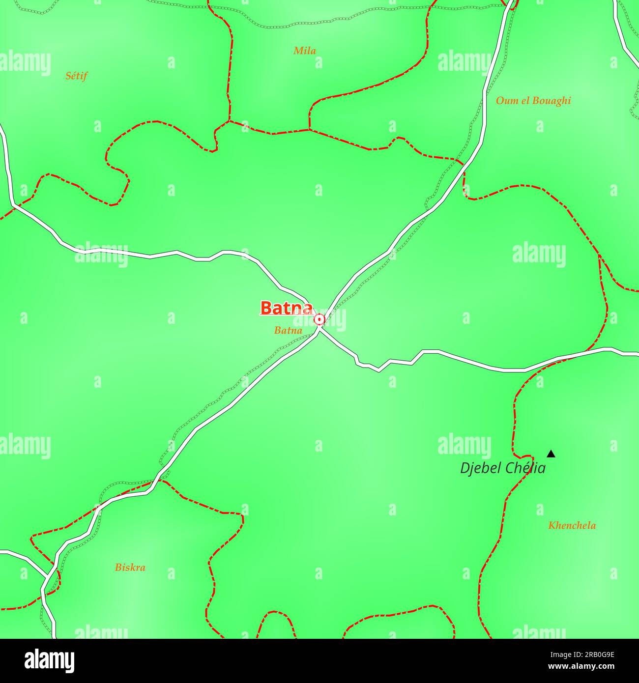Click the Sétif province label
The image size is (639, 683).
(x=76, y=76)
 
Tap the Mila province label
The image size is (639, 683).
(x=304, y=51)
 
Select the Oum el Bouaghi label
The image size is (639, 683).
(x=533, y=101)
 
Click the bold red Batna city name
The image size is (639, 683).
(x=286, y=308)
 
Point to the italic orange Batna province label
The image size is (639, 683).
(x=288, y=331)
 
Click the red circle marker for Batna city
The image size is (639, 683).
(x=319, y=320)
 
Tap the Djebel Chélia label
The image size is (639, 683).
(x=502, y=468)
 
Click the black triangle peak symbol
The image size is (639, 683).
(x=551, y=454)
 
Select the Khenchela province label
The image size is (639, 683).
(x=572, y=526)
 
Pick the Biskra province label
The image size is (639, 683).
(x=130, y=568)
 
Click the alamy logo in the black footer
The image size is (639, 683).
(x=50, y=661)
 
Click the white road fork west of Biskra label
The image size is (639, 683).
(x=47, y=575)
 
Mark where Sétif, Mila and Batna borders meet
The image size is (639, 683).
(x=229, y=121)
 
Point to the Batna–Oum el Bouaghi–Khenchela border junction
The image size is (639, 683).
(x=599, y=255)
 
